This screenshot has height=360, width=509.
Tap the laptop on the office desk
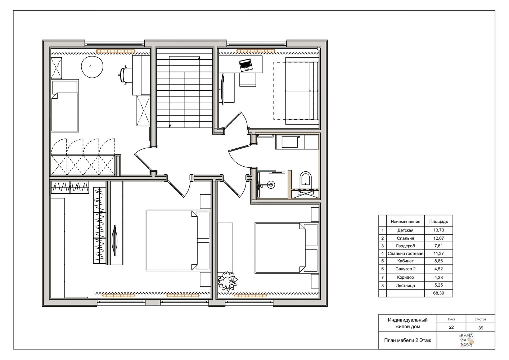(x=246, y=65)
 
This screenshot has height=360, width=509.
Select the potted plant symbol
(x=228, y=281)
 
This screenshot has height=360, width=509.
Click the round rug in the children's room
(x=92, y=67)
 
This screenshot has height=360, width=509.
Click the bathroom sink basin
(x=289, y=142)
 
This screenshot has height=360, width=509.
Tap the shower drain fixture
(x=271, y=185)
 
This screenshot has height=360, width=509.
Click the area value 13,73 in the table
(x=438, y=230)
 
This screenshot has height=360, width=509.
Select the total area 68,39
(x=438, y=293)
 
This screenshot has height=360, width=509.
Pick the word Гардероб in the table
(x=405, y=246)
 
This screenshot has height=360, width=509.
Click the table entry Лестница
(x=405, y=285)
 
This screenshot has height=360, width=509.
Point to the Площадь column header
(x=438, y=221)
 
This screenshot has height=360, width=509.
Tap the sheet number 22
(x=451, y=327)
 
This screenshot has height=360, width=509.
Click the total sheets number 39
(x=481, y=328)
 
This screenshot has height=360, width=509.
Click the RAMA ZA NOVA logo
(x=467, y=340)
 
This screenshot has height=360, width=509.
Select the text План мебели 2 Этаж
(x=407, y=341)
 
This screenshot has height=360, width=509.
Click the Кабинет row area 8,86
(x=438, y=261)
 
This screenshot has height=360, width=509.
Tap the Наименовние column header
(x=405, y=222)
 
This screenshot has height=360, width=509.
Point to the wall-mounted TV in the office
(x=223, y=90)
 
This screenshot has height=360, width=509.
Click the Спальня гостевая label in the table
(x=405, y=253)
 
